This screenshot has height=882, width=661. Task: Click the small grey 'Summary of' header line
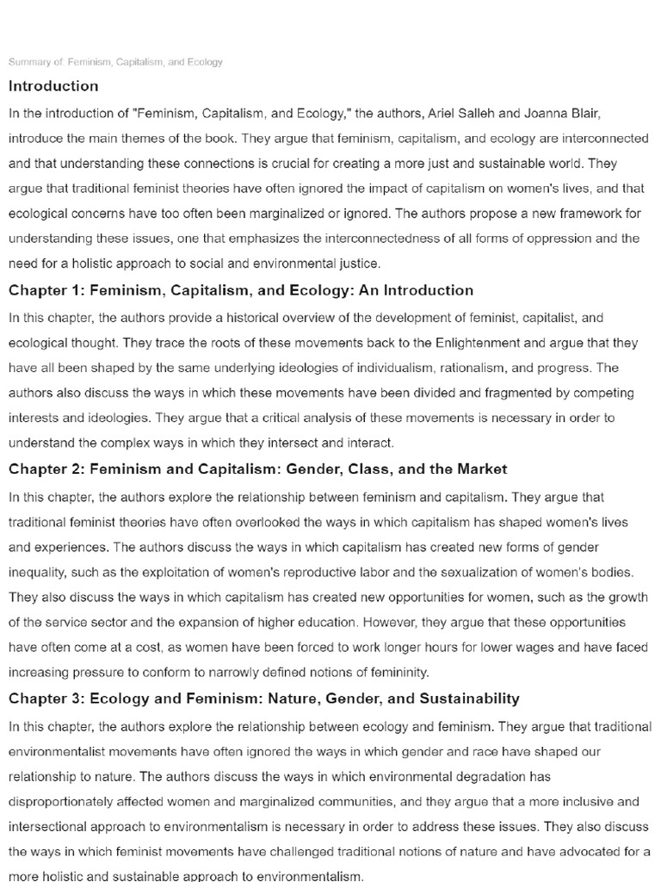pos(115,62)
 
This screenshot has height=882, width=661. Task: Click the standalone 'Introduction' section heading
pos(53,86)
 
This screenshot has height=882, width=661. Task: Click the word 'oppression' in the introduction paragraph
pos(559,239)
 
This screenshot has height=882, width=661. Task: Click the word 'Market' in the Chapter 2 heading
pos(481,469)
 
